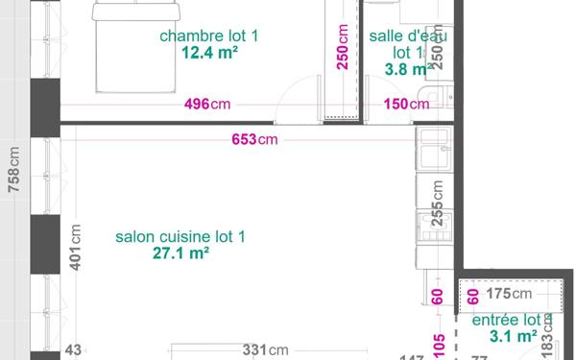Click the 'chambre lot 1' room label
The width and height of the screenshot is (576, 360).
pos(208,36)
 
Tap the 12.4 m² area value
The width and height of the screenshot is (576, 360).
pos(209,53)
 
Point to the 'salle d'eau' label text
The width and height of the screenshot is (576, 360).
pos(407,36)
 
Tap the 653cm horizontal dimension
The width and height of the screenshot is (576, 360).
pos(254,140)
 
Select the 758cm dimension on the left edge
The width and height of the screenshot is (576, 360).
pos(13,170)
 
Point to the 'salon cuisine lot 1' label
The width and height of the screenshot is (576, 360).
pos(180,237)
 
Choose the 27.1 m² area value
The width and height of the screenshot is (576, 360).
pos(180,254)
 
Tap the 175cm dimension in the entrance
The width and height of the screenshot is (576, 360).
pos(509,294)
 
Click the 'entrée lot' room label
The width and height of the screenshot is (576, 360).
pos(505,320)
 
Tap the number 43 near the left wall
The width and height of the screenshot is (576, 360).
pos(73,352)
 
